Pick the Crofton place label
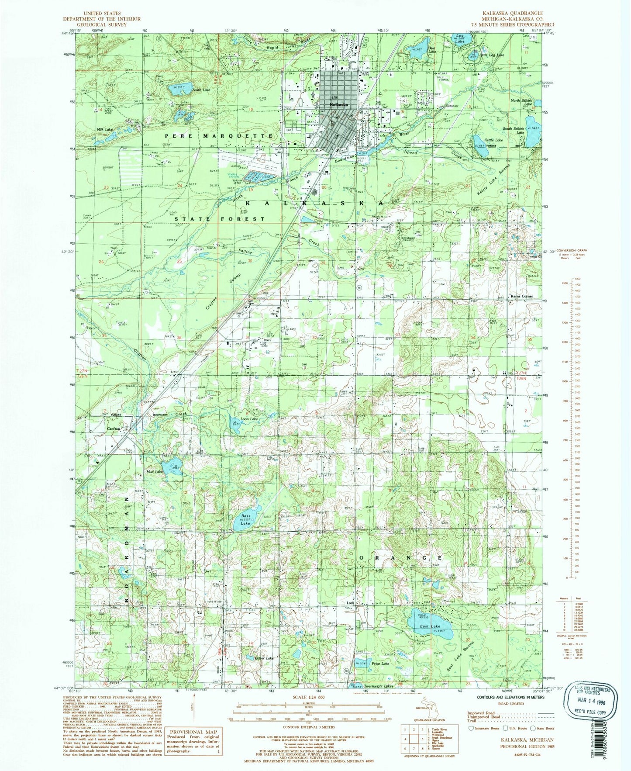click(x=114, y=429)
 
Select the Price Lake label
click(x=380, y=664)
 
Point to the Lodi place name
click(x=348, y=604)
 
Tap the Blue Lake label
click(x=431, y=50)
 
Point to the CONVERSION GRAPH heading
click(x=573, y=250)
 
